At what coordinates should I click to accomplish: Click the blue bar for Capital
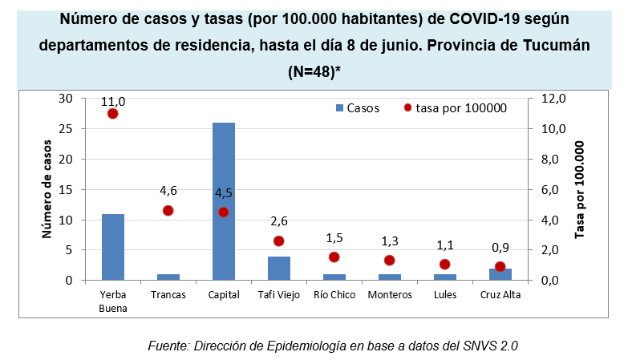[x=224, y=201]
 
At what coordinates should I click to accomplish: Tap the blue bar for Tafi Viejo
[x=279, y=268]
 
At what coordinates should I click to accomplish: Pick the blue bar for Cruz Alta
[x=500, y=274]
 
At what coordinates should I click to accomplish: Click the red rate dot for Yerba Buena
[x=113, y=114]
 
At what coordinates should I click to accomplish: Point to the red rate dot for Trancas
[x=168, y=211]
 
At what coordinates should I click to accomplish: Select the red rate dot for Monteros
[x=390, y=261]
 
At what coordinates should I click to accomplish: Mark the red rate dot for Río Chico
[x=334, y=257]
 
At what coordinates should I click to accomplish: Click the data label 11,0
[x=113, y=102]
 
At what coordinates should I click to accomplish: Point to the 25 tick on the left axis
[x=66, y=128]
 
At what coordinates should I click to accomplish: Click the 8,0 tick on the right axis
[x=553, y=159]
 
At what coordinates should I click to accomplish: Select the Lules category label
[x=445, y=294]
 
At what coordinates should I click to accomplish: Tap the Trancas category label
[x=168, y=294]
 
